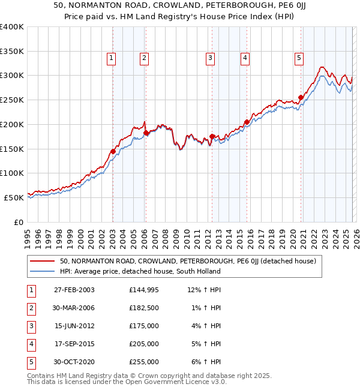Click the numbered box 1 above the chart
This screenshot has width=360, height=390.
pos(112,58)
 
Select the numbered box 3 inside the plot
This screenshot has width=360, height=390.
pos(211,58)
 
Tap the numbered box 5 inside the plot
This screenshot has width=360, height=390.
pos(299,58)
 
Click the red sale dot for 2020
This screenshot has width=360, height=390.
pos(301,97)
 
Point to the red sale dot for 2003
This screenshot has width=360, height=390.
pos(113,151)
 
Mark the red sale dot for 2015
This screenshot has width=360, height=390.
pos(247,122)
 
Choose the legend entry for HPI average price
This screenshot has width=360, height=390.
pos(140,271)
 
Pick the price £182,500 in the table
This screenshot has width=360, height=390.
pos(144,308)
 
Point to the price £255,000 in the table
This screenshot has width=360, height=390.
pos(144,362)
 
